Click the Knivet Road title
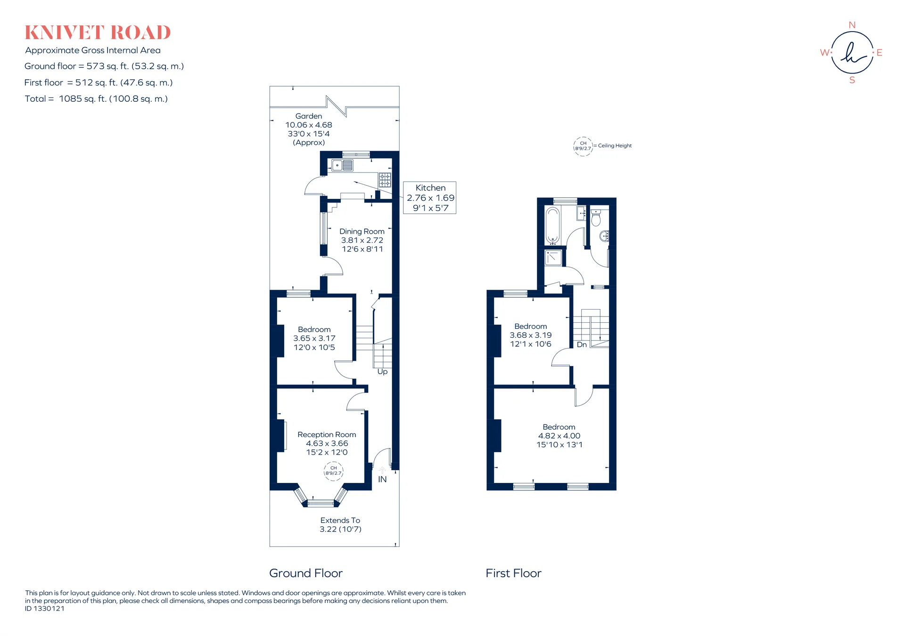pyautogui.click(x=98, y=33)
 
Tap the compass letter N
pyautogui.click(x=852, y=25)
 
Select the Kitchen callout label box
pyautogui.click(x=430, y=198)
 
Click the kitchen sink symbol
pyautogui.click(x=343, y=165)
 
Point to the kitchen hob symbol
pyautogui.click(x=385, y=180)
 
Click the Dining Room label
pyautogui.click(x=362, y=231)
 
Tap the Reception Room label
pyautogui.click(x=327, y=434)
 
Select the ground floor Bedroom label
pyautogui.click(x=314, y=329)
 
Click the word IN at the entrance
pyautogui.click(x=382, y=479)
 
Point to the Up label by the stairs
pyautogui.click(x=382, y=372)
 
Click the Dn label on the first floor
pyautogui.click(x=582, y=344)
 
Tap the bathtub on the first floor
pyautogui.click(x=552, y=226)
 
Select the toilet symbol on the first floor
pyautogui.click(x=596, y=218)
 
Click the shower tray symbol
pyautogui.click(x=553, y=258)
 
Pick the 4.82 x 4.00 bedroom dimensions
pyautogui.click(x=559, y=436)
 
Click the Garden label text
pyautogui.click(x=309, y=116)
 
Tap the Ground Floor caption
pyautogui.click(x=306, y=573)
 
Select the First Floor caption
pyautogui.click(x=513, y=573)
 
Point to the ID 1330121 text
pyautogui.click(x=45, y=608)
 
